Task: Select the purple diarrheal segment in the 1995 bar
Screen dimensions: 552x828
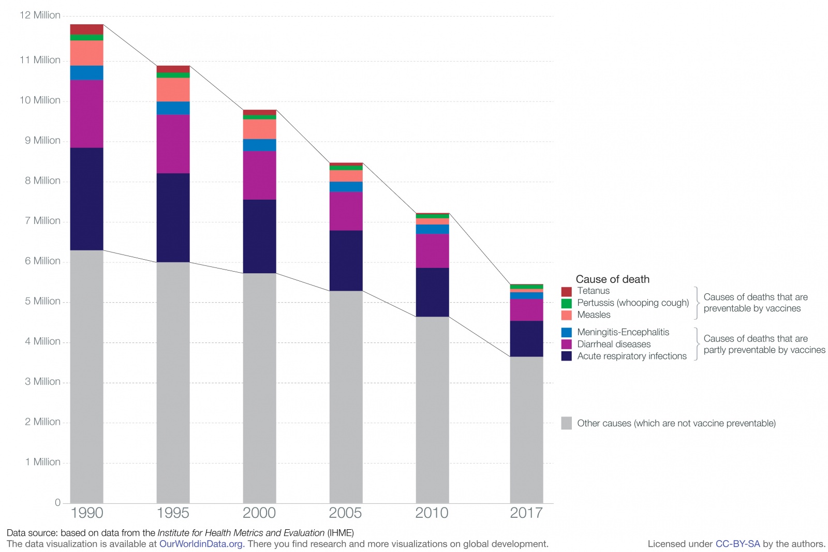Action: coord(173,144)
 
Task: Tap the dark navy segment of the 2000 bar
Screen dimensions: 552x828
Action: coord(259,236)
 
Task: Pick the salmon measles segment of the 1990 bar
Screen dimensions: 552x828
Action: coord(86,53)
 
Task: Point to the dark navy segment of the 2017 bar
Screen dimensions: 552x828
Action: coord(526,339)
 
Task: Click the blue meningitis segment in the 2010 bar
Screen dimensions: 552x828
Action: coord(432,229)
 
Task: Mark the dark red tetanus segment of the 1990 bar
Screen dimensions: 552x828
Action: coord(86,29)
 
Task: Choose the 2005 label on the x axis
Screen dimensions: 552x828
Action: coord(345,513)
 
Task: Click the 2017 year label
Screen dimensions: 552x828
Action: coord(526,513)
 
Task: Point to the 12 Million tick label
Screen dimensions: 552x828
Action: coord(40,15)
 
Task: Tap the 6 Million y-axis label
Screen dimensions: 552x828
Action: coord(42,261)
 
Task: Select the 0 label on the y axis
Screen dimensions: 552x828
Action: coord(57,502)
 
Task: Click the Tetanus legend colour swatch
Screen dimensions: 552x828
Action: coord(566,291)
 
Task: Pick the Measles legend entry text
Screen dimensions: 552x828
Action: coord(594,315)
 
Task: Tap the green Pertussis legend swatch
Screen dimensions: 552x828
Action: coord(566,303)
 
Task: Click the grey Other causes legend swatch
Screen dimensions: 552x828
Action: coord(566,423)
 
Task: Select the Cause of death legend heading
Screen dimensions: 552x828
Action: coord(612,279)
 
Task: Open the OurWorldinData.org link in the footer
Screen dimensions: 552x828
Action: coord(201,544)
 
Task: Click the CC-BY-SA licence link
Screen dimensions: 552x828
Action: coord(737,544)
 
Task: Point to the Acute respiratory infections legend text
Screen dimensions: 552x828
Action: coord(632,356)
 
